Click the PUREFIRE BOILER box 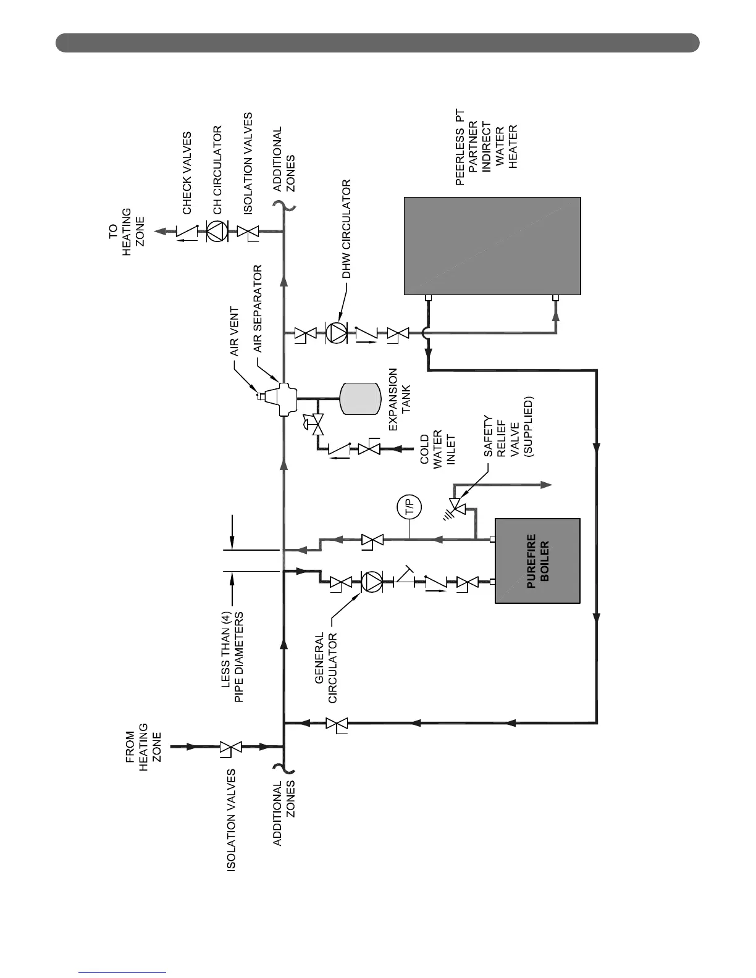[537, 561]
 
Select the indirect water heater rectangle [492, 246]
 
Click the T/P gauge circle [409, 508]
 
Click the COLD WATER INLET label [437, 451]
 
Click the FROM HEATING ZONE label [143, 747]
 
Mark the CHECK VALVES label [187, 173]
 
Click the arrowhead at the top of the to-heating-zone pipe [160, 232]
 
